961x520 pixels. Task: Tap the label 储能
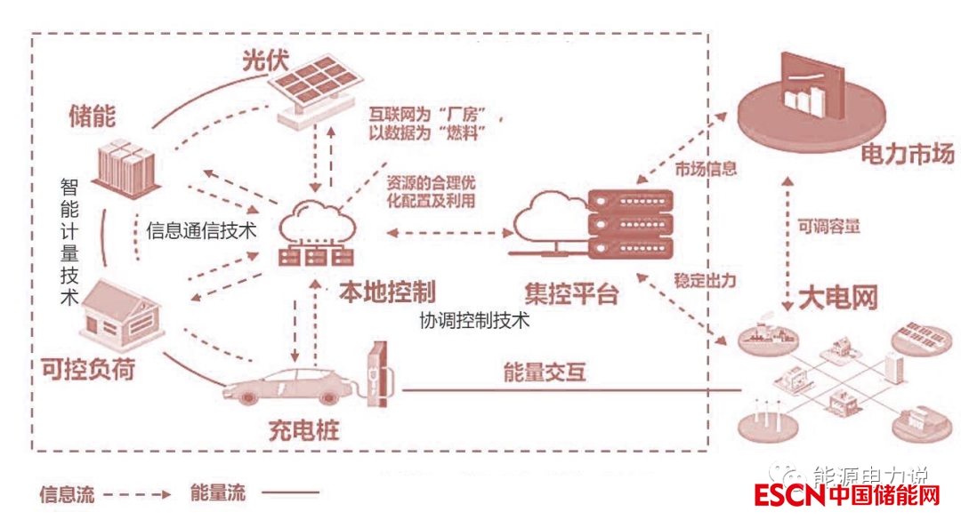pos(93,116)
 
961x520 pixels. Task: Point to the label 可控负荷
pos(88,368)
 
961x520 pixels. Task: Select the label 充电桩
pos(303,433)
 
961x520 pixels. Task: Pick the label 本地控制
pos(386,291)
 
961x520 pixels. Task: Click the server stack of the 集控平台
pos(633,223)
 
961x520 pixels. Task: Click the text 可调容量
pos(828,226)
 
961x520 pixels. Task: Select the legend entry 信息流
pos(67,493)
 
